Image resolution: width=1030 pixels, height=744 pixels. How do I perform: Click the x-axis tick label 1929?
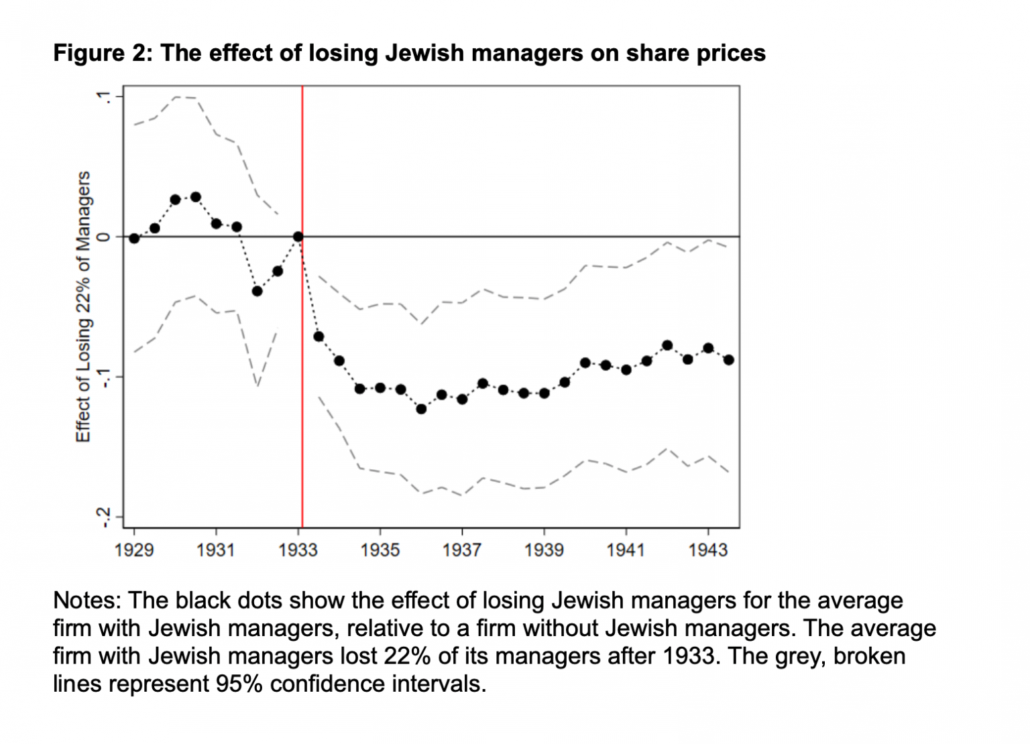click(134, 550)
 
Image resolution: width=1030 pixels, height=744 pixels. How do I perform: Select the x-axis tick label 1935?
click(380, 550)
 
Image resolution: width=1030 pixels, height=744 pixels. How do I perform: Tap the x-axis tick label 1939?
click(544, 550)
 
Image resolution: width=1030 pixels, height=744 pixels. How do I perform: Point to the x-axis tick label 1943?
click(707, 550)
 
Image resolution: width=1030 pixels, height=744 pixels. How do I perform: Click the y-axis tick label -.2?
click(102, 517)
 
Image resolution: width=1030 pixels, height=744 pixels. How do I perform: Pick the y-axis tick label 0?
click(102, 237)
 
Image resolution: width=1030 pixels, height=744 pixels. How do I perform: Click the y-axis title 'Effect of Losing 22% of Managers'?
click(83, 306)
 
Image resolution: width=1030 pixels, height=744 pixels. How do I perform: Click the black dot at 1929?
click(134, 238)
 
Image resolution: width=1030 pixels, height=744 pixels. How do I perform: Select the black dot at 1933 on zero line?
click(298, 237)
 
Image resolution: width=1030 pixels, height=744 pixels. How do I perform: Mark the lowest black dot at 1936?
click(421, 409)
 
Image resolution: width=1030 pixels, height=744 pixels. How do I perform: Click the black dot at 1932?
click(257, 291)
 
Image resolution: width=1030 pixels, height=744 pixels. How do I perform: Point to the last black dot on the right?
click(729, 360)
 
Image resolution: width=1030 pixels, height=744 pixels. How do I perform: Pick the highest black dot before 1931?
click(196, 197)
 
